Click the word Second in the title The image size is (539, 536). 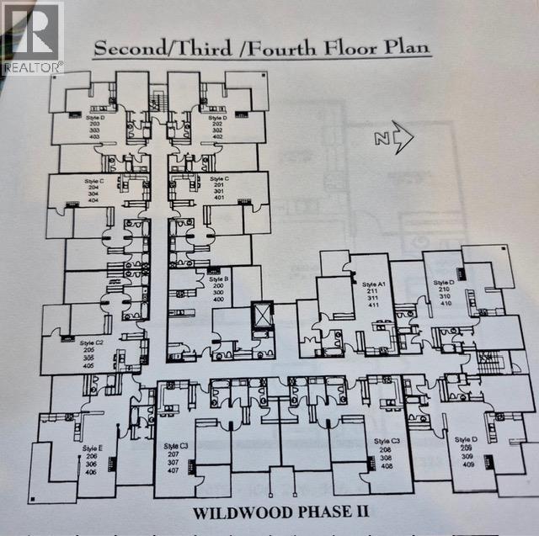pyautogui.click(x=126, y=47)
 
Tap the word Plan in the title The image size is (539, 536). pyautogui.click(x=403, y=47)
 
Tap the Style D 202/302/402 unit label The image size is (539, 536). pyautogui.click(x=218, y=125)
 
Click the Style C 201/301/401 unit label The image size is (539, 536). pyautogui.click(x=219, y=190)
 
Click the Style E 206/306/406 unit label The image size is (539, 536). pyautogui.click(x=93, y=459)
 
